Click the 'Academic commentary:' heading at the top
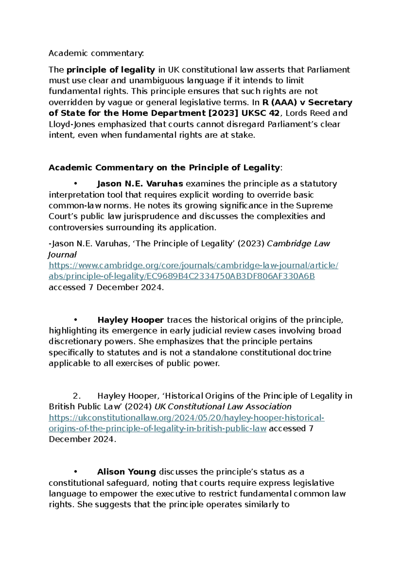(x=96, y=53)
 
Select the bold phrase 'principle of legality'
(x=111, y=70)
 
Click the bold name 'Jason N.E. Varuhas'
(x=140, y=184)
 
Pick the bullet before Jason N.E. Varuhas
(x=76, y=184)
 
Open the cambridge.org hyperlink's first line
(x=193, y=265)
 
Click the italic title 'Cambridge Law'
(x=298, y=244)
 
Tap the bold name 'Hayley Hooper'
(x=131, y=320)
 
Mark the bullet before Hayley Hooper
(x=76, y=320)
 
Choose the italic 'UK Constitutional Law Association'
(x=223, y=407)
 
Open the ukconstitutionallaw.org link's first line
(x=187, y=418)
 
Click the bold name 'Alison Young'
(x=127, y=472)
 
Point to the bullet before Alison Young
(x=76, y=472)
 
